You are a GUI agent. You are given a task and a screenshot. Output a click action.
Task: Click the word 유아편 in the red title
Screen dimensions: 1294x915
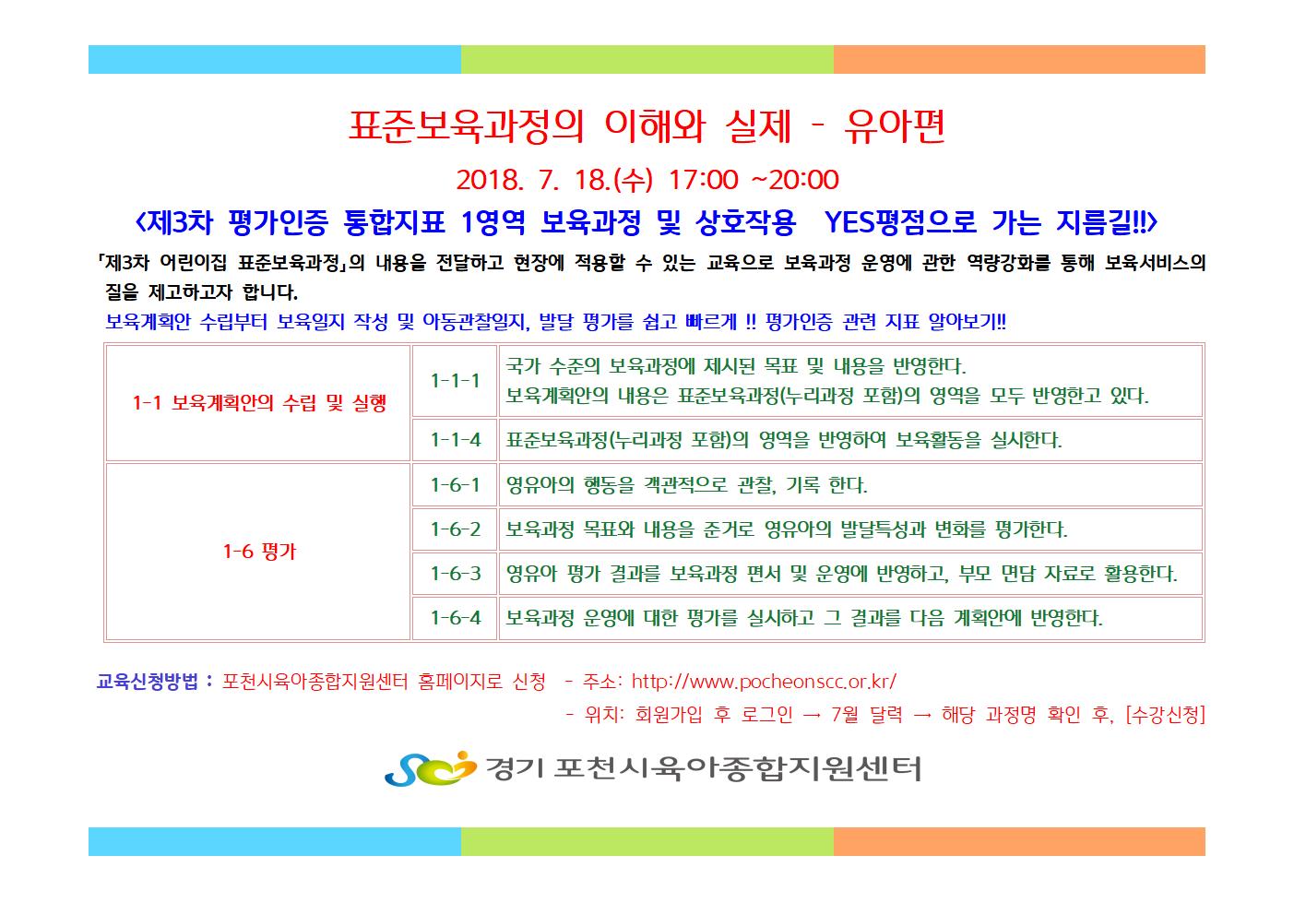tap(895, 126)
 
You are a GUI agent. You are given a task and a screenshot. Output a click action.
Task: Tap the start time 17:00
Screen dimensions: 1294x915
tap(703, 180)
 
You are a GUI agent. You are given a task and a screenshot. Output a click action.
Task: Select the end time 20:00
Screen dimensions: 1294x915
tap(803, 180)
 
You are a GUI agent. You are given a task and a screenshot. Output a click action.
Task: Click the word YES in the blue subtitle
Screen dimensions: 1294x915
tap(849, 221)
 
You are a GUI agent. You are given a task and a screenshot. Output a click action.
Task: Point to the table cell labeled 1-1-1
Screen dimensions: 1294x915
tap(455, 381)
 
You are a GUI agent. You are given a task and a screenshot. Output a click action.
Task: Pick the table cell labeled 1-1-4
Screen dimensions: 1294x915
tap(455, 440)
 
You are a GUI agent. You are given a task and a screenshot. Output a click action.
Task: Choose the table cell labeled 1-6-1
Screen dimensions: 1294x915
tap(455, 484)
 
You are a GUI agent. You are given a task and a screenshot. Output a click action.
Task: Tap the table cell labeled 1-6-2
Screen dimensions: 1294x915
tap(455, 529)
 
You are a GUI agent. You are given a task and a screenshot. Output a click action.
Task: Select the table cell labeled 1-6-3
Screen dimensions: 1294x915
tap(455, 574)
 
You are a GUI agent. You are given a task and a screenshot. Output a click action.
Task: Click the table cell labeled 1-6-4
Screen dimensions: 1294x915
tap(455, 618)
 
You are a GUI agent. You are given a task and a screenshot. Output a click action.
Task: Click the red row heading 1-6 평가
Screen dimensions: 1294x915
tap(259, 551)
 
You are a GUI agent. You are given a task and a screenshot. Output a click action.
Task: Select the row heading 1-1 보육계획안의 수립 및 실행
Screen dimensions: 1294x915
tap(259, 403)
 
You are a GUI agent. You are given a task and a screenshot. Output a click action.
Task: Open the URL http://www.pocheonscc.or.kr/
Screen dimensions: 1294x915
tap(764, 683)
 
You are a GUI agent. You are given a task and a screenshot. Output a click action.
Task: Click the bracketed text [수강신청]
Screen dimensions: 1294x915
tap(1165, 715)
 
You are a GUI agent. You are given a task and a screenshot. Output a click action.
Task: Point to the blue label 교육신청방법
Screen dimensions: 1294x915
tap(147, 683)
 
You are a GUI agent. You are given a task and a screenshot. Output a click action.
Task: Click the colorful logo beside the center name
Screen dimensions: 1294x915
tap(431, 768)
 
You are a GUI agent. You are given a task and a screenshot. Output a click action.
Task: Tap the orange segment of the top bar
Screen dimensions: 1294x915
tap(1019, 60)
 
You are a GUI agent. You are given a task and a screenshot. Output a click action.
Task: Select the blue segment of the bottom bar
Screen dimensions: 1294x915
tap(275, 841)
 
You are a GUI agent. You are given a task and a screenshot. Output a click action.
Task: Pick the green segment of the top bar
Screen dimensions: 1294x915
tap(647, 60)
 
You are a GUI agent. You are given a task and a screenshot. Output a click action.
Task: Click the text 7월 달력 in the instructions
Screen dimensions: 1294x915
tap(867, 715)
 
